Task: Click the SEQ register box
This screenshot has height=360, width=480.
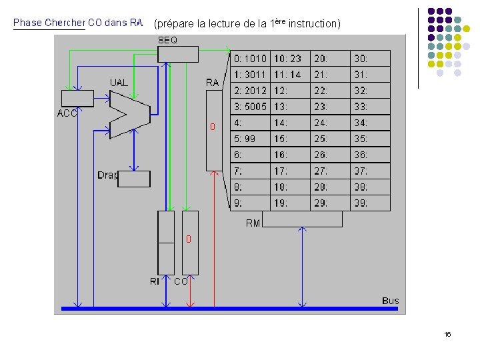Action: point(178,54)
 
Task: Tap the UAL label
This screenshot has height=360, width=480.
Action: point(119,83)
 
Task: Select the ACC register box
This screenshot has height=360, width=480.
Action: point(77,98)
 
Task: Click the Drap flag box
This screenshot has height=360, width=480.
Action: point(134,179)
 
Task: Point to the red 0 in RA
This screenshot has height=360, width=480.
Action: point(213,127)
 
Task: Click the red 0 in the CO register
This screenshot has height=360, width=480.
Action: point(189,238)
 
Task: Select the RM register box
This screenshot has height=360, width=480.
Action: point(302,219)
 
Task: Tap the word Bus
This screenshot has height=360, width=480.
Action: point(391,301)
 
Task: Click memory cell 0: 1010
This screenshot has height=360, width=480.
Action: point(250,59)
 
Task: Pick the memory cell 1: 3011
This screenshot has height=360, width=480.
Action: point(250,75)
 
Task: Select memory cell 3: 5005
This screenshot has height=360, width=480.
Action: point(250,107)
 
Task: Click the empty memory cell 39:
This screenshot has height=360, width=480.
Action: point(370,203)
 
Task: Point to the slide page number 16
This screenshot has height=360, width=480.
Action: point(447,334)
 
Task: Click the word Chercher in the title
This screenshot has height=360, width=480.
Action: point(65,23)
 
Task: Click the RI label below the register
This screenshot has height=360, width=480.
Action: point(155,282)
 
